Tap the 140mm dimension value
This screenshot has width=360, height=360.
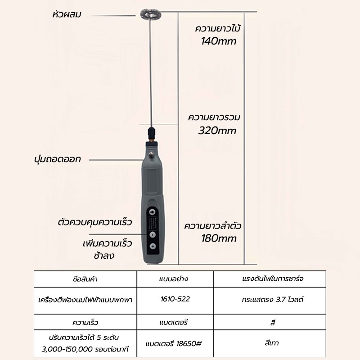pos(218,41)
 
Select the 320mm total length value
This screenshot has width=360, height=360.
pos(217,130)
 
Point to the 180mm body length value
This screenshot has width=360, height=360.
pos(219,238)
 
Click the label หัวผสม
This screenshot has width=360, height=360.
pos(67,15)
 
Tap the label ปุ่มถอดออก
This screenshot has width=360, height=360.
pos(58,159)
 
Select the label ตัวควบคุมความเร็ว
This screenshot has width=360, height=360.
pos(95,222)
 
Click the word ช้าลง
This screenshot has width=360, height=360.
pos(104,256)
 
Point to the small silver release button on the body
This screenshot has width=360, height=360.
pos(151,155)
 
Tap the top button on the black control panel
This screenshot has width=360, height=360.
pos(152,211)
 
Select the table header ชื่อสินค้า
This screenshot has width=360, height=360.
pos(85,279)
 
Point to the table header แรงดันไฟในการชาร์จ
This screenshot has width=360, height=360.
pos(273,279)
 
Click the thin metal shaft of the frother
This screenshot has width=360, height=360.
pos(151,73)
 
